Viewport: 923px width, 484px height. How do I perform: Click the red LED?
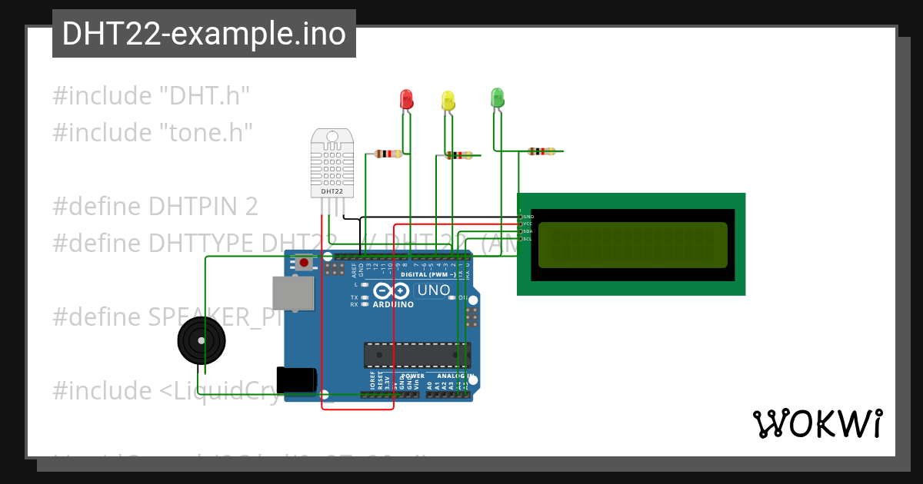click(406, 99)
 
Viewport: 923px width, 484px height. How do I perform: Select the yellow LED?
click(448, 101)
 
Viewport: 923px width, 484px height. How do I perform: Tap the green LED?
click(497, 98)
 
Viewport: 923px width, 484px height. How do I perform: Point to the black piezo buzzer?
click(202, 340)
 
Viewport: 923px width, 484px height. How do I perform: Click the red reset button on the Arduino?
click(305, 263)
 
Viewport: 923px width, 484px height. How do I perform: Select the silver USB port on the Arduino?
click(293, 293)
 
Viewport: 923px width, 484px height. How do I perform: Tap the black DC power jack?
click(297, 380)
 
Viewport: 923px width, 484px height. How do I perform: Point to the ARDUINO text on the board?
click(393, 304)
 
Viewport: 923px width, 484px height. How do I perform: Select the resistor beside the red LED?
click(388, 154)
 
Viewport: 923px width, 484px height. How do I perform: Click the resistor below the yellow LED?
click(459, 155)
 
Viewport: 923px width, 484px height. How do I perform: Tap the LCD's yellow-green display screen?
click(632, 245)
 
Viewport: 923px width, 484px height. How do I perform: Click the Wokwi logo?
click(817, 423)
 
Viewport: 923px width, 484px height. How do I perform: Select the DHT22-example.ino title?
click(204, 34)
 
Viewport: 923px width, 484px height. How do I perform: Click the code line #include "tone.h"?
click(152, 132)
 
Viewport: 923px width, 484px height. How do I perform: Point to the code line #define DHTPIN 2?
click(155, 206)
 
